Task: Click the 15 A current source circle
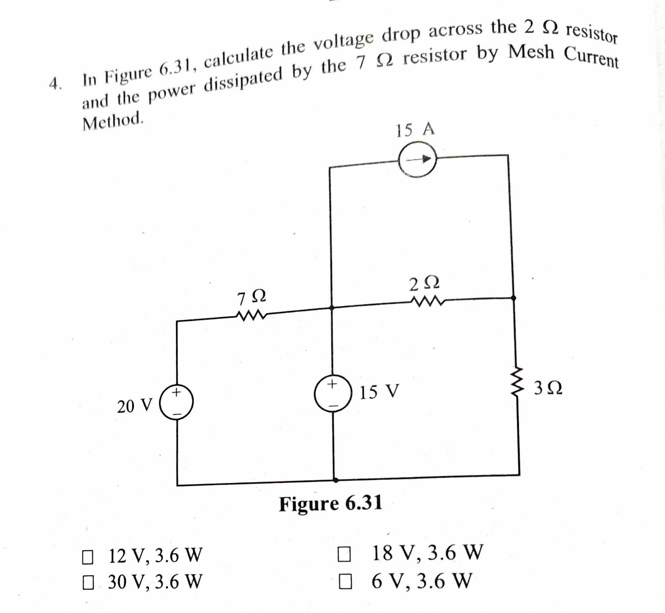coord(418,159)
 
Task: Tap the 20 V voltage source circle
coord(177,402)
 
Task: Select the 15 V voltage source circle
coord(333,393)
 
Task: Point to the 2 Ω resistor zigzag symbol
coord(427,301)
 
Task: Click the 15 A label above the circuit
coord(415,130)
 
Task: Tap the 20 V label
coord(135,406)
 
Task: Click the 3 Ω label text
coord(548,388)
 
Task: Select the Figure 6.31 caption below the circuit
coord(331,504)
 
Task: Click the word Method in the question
coord(113,121)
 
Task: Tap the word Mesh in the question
coord(531,52)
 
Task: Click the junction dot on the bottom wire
coord(335,480)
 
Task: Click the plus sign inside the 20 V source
coord(177,392)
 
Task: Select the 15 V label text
coord(379,392)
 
